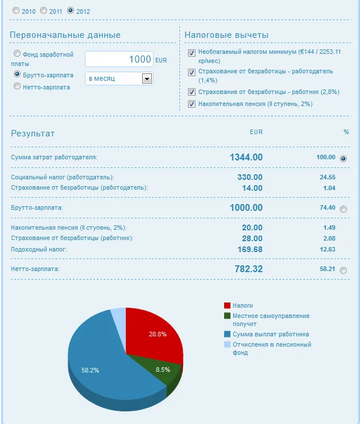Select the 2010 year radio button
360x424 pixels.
[x=15, y=10]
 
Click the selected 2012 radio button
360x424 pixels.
[x=71, y=10]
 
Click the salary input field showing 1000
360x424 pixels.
[x=119, y=59]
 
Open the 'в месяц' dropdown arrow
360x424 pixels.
[x=147, y=78]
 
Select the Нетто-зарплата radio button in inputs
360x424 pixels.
[x=17, y=87]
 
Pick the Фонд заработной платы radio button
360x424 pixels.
[x=17, y=54]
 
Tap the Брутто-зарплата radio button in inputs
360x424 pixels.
[x=17, y=74]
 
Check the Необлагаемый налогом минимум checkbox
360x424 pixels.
[x=192, y=52]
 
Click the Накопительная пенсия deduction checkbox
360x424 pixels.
[x=192, y=104]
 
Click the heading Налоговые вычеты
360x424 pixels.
[x=226, y=35]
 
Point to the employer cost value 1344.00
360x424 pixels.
[x=246, y=157]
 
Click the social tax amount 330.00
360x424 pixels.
[x=250, y=177]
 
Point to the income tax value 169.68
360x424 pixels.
[x=250, y=249]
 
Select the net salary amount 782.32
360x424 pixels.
[x=248, y=269]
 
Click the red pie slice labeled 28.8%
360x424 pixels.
[x=155, y=335]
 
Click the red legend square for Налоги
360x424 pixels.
[x=227, y=305]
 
